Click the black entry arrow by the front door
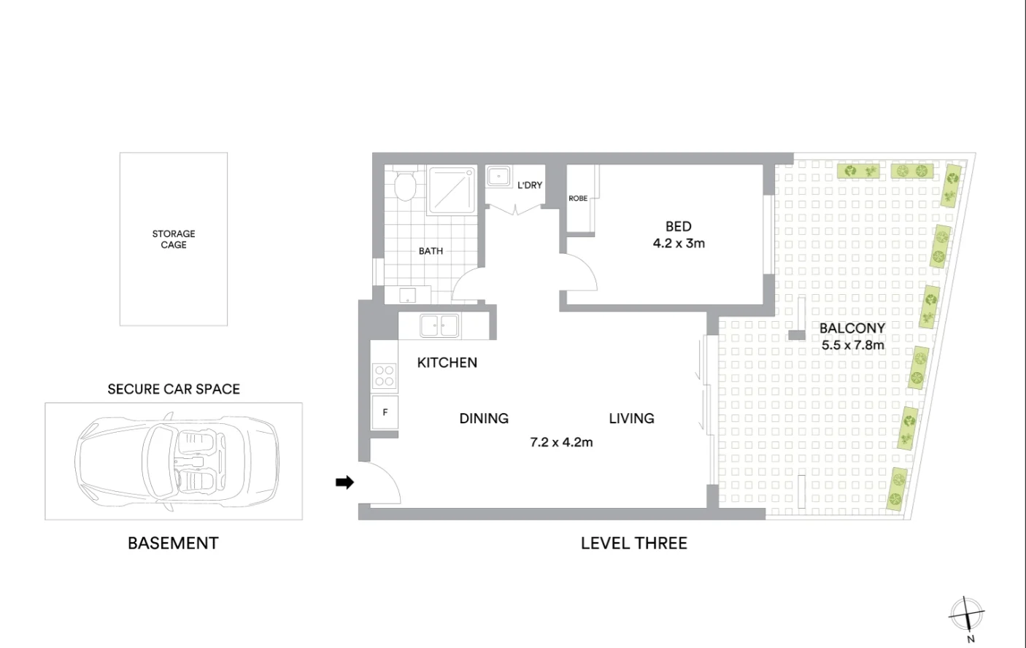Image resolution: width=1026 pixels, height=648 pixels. [344, 482]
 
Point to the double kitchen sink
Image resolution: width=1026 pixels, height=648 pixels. [439, 325]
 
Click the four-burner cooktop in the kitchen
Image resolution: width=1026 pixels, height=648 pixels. [384, 376]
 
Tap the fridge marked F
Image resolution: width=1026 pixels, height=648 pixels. [385, 413]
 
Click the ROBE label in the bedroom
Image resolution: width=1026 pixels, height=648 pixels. [578, 198]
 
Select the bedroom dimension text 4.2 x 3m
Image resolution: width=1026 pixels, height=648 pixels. [679, 244]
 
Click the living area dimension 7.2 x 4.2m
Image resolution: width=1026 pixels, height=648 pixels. [561, 442]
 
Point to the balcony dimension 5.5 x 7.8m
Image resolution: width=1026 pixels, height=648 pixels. [852, 345]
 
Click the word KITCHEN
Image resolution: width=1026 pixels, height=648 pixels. [447, 363]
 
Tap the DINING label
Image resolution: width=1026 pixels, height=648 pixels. [484, 418]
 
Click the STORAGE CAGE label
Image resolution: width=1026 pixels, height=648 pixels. [174, 239]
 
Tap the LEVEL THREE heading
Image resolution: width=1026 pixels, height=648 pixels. [633, 544]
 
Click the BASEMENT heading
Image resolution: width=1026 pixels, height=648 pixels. [173, 544]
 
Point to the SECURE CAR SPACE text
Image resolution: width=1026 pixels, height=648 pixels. [174, 390]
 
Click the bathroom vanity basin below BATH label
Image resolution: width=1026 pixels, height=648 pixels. [407, 296]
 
